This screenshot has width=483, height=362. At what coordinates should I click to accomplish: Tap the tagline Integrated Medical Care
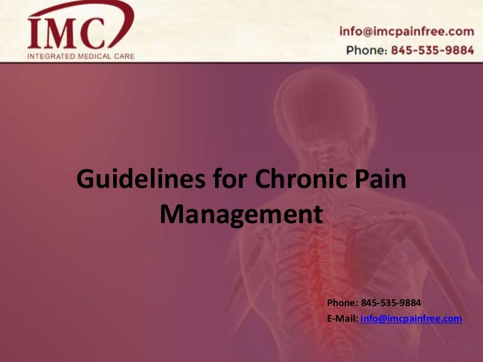pos(80,56)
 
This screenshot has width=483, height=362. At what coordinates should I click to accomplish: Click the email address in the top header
pos(406,31)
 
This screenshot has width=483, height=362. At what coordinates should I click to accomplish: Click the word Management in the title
pos(241,214)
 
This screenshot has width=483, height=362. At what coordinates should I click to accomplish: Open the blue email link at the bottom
pos(411,319)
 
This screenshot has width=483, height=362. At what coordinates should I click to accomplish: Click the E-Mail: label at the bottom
pos(342,319)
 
